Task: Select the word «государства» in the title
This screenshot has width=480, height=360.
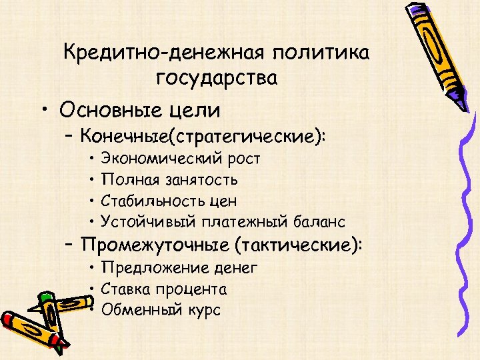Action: (217, 78)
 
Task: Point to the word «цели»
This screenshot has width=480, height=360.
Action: (199, 108)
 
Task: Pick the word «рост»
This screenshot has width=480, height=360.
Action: (241, 159)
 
